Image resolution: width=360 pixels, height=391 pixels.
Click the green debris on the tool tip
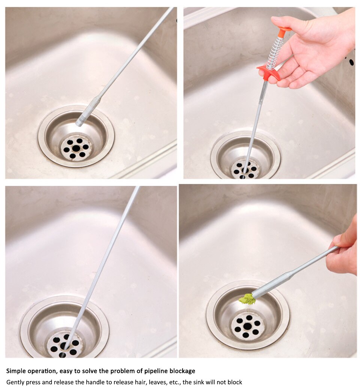pyautogui.click(x=247, y=299)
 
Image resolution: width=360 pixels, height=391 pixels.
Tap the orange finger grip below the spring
pyautogui.click(x=268, y=72)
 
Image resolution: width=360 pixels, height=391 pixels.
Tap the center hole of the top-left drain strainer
pyautogui.click(x=76, y=148)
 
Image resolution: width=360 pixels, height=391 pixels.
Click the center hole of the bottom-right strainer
pyautogui.click(x=247, y=326)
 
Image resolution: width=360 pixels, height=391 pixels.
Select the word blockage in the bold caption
pyautogui.click(x=181, y=371)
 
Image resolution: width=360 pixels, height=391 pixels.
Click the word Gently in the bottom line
pyautogui.click(x=15, y=382)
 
